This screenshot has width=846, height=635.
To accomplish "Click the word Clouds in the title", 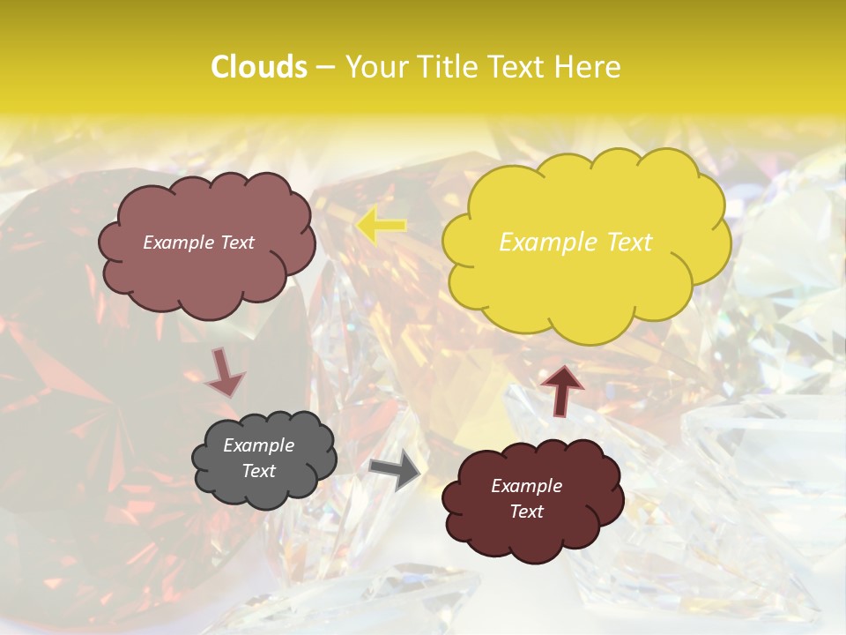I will (258, 67).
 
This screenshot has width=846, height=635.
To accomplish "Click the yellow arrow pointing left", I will (382, 226).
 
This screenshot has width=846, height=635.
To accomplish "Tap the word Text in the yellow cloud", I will (629, 243).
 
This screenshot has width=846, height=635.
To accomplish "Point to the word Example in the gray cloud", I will (258, 445).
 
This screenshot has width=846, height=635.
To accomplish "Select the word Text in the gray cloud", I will (258, 471).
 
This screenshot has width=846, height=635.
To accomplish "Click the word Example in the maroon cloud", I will (526, 486).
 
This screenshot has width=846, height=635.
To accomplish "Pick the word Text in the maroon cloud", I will (526, 512).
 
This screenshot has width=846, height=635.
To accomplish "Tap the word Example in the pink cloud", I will (180, 243).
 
